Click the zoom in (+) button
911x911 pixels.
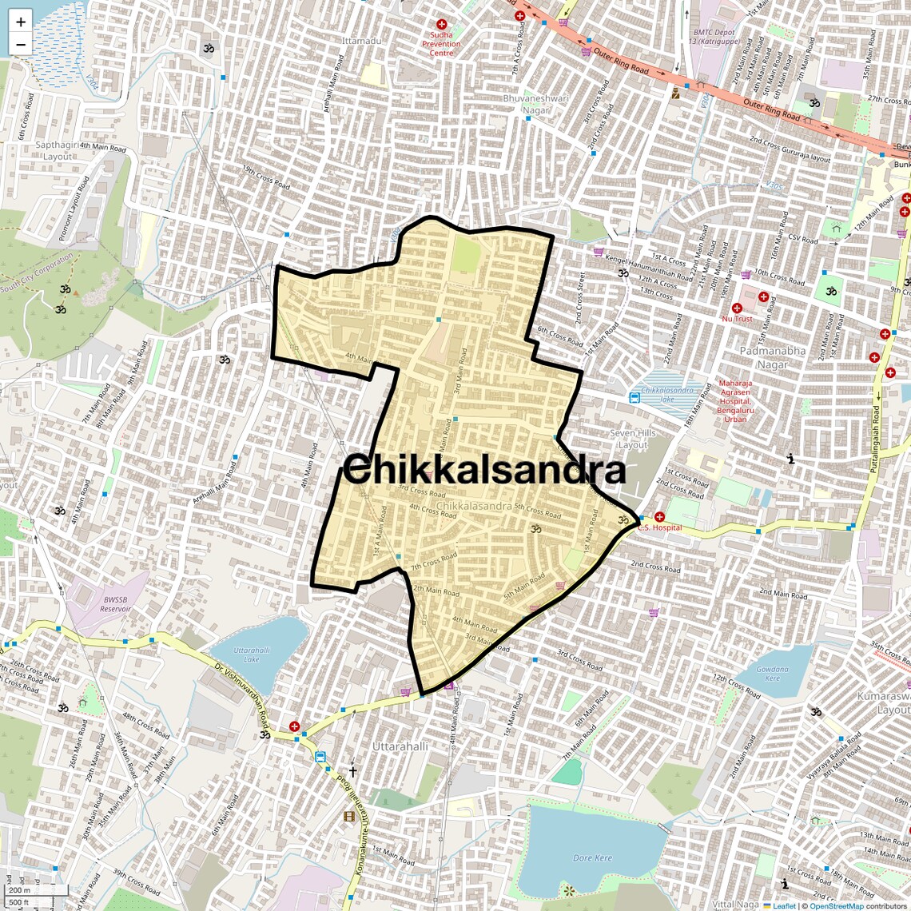pos(21,22)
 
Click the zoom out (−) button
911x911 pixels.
pos(21,45)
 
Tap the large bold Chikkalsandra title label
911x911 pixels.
pos(484,470)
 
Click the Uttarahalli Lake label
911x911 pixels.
pos(252,654)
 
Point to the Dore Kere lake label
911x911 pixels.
pos(592,857)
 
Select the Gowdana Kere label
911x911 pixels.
pos(772,674)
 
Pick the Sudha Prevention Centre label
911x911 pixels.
pos(441,43)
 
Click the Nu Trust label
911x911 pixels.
pos(737,319)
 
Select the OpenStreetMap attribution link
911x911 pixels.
pos(837,905)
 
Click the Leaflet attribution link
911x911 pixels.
pos(784,905)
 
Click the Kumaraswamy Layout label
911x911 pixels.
pos(884,702)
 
